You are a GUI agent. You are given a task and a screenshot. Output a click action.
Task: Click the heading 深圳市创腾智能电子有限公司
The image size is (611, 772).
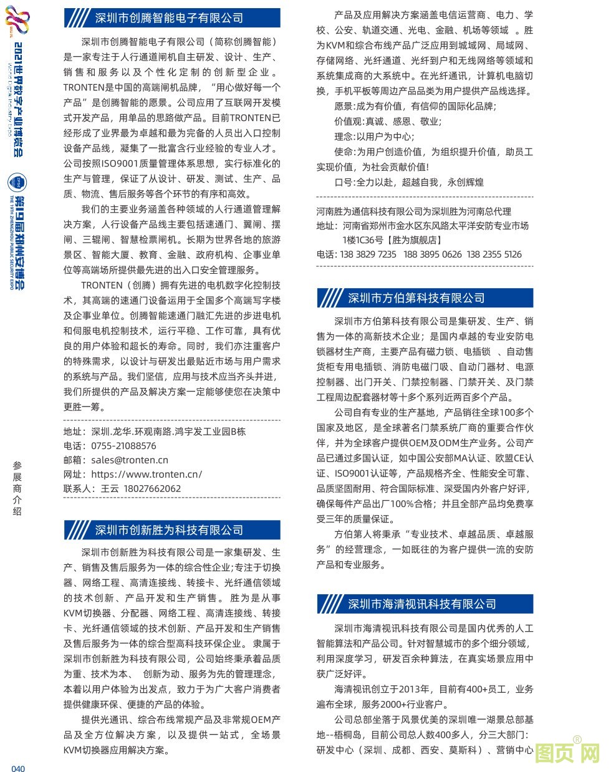pos(168,18)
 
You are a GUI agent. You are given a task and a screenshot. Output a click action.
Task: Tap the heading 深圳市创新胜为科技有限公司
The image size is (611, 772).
pos(168,530)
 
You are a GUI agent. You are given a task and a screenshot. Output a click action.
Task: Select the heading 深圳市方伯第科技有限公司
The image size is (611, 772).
pos(416,298)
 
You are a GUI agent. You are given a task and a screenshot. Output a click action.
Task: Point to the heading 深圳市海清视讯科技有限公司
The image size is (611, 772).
pos(421,604)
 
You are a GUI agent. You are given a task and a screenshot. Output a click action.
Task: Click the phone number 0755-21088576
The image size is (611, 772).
pos(123,446)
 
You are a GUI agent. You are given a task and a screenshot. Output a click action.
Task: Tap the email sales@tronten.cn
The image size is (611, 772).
pos(129,460)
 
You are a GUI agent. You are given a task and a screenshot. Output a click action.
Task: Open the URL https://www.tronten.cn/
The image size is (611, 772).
pos(147,475)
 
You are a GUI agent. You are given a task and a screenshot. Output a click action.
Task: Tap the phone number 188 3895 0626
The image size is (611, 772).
pos(432,254)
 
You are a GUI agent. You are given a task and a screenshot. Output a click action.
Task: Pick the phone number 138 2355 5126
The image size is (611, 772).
pos(494,254)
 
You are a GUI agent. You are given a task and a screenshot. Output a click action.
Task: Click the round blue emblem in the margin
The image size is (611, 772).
pos(17,182)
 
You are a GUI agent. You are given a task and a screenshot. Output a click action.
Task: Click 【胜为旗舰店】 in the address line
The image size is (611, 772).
pos(413,240)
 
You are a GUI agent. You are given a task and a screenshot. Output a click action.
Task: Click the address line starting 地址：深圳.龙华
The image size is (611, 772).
pos(155,432)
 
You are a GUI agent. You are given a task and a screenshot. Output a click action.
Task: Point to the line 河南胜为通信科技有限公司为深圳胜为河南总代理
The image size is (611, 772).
pos(413,211)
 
